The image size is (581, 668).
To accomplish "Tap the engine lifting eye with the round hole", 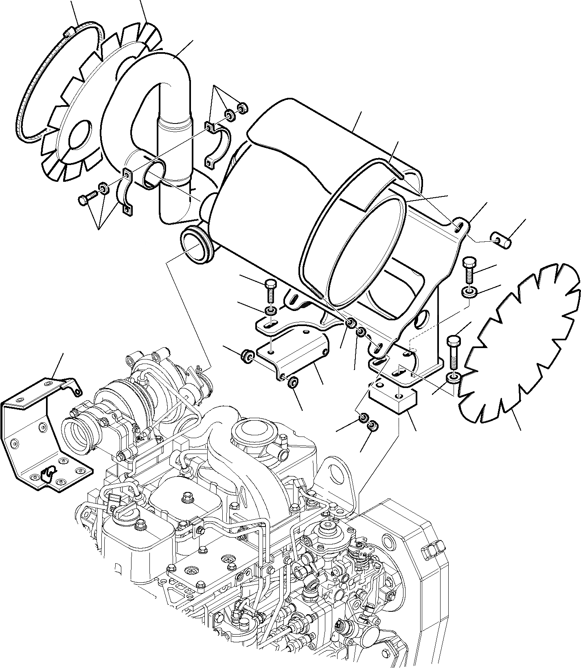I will pyautogui.click(x=337, y=474).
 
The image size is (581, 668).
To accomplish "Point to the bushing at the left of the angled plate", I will pyautogui.click(x=247, y=354).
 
